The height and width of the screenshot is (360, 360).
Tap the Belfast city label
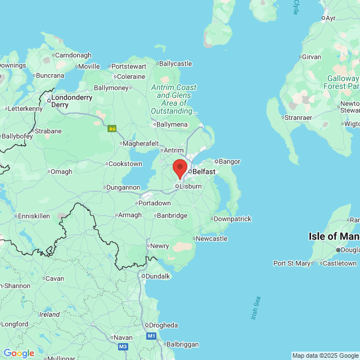(x=203, y=171)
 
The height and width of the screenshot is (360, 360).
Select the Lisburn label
(x=190, y=186)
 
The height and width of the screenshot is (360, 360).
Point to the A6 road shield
(x=112, y=129)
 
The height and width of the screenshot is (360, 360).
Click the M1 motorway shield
(x=151, y=336)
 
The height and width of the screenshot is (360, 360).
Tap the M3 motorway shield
(x=123, y=346)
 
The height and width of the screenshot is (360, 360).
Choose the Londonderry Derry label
(x=71, y=101)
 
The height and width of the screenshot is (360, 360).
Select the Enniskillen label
(x=34, y=215)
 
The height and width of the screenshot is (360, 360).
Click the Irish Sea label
(x=256, y=308)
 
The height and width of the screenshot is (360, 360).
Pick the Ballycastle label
(x=176, y=64)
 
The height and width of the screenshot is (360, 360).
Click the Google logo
(x=19, y=353)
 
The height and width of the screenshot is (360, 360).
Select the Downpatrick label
(x=232, y=219)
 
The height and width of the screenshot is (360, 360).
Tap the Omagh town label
(x=61, y=172)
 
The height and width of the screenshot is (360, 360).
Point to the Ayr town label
(x=330, y=18)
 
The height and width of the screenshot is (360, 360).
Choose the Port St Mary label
(x=292, y=263)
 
